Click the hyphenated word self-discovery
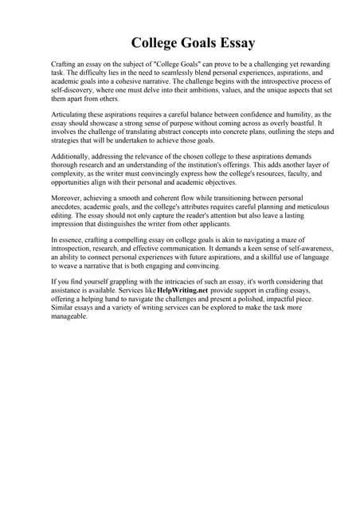pyautogui.click(x=75, y=92)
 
